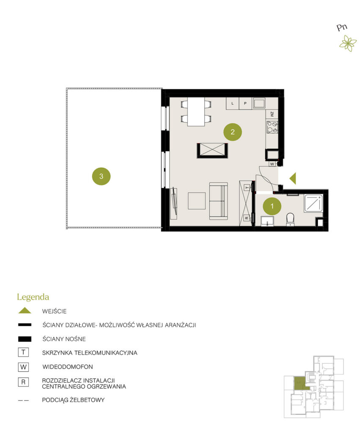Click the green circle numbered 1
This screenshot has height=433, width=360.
272,206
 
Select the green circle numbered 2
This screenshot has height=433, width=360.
233,132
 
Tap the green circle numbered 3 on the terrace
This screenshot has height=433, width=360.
101,176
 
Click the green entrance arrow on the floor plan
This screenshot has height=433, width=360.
293,178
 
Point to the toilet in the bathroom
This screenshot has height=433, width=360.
290,219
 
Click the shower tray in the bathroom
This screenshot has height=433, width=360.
313,203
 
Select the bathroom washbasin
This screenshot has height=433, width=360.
267,221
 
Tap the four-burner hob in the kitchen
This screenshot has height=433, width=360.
272,127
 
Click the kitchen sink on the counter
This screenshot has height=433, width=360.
259,103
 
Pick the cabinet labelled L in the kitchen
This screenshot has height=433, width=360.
232,104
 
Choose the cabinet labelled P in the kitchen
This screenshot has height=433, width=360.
245,104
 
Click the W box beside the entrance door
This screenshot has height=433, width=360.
272,164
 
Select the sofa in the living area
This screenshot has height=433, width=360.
219,201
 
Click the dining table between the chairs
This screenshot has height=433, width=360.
196,112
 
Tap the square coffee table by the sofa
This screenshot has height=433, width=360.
197,201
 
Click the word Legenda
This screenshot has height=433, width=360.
33,297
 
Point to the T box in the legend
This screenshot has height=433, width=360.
23,352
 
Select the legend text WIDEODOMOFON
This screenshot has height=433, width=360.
68,367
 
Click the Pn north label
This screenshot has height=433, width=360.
342,27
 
